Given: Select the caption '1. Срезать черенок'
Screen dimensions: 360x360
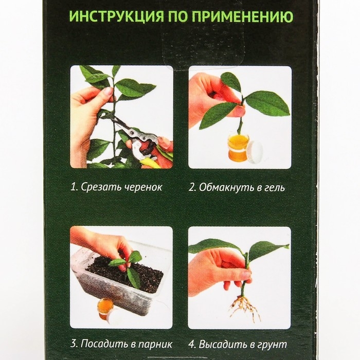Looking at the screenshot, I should [117, 187].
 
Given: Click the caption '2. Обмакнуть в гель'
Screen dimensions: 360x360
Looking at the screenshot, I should [237, 187].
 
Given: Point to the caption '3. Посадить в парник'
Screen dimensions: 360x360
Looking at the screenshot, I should [121, 345].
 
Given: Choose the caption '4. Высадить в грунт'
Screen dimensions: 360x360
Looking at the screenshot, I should [237, 345].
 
